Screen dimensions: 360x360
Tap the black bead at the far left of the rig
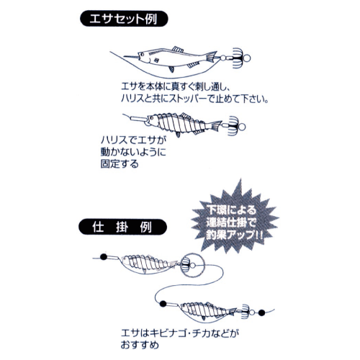coord(102,256)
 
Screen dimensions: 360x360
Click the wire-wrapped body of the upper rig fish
coord(147,265)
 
